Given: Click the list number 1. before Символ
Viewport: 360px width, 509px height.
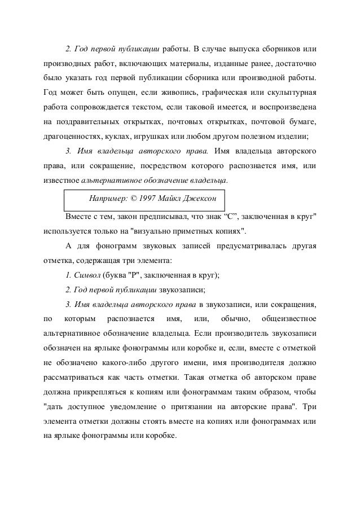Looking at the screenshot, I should click(69, 275).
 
